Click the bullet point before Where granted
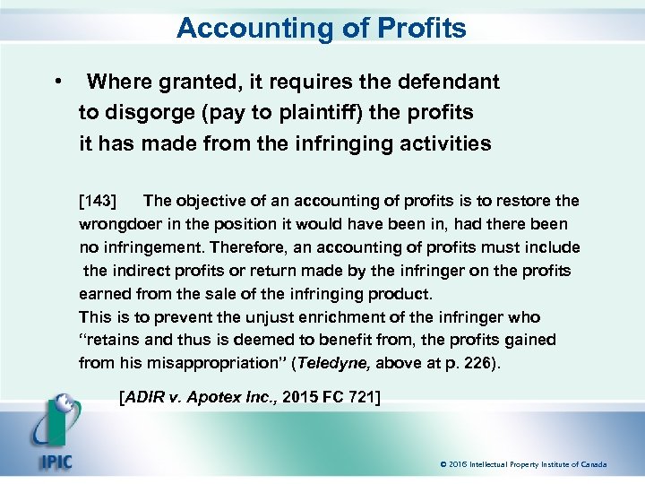tap(58, 82)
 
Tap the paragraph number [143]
tap(99, 200)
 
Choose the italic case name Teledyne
tap(334, 363)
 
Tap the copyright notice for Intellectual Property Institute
tap(523, 464)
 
